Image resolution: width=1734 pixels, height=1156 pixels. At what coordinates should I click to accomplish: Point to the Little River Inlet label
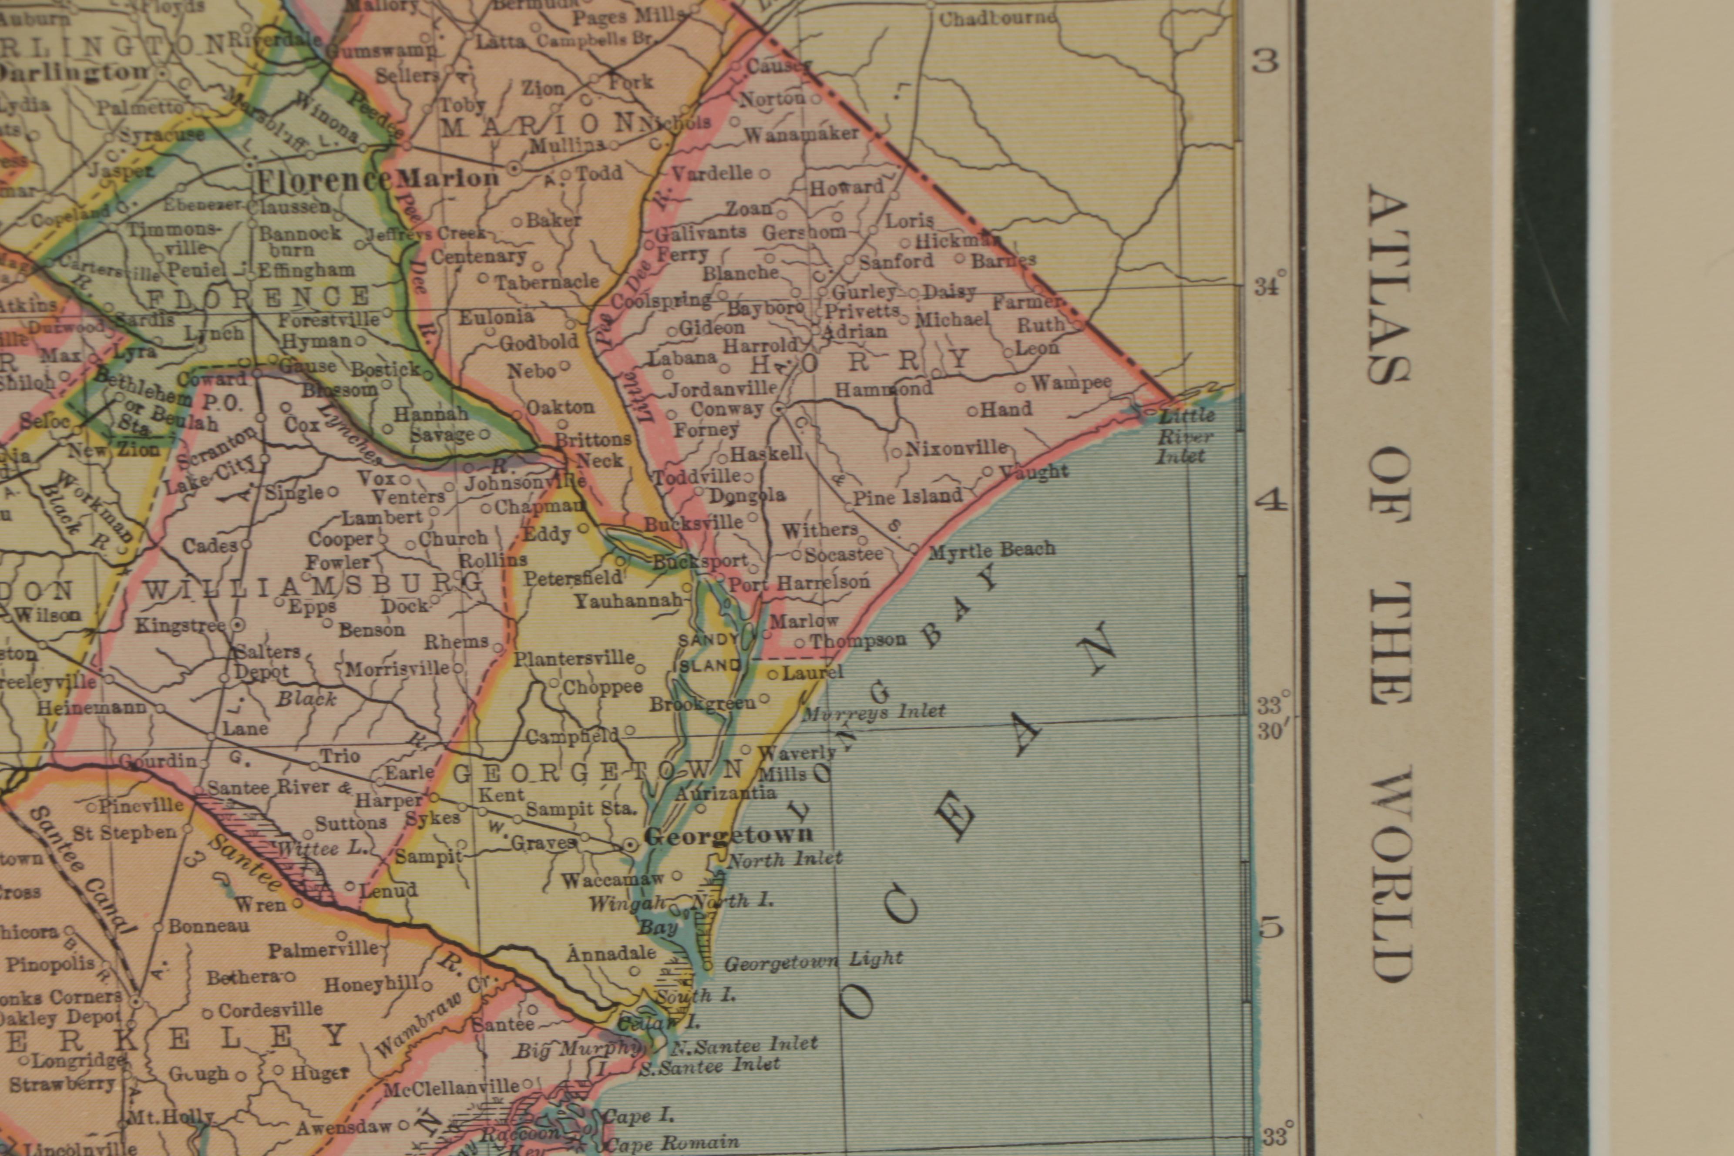pyautogui.click(x=1185, y=437)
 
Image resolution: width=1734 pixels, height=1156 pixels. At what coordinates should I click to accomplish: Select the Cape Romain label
pyautogui.click(x=670, y=1143)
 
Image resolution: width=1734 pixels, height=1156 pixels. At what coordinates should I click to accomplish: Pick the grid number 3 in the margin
pyautogui.click(x=1265, y=62)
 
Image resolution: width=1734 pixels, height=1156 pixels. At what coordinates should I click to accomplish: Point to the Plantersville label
pyautogui.click(x=574, y=658)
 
